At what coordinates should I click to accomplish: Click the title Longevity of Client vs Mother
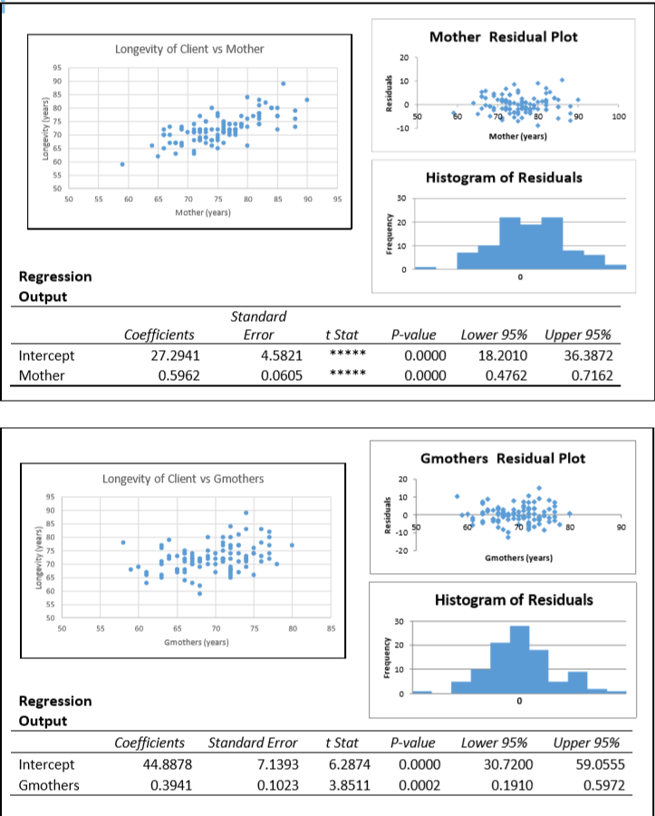click(189, 49)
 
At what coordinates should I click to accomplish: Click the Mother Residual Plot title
click(503, 36)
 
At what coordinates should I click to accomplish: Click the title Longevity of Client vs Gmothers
click(184, 478)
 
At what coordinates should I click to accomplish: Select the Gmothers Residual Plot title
click(503, 458)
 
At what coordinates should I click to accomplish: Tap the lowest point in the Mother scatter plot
click(122, 164)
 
